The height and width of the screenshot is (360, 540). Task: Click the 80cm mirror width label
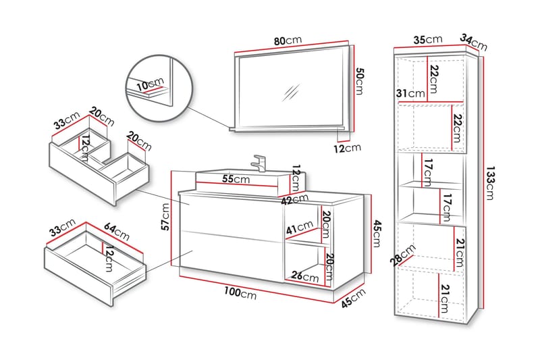point(288,41)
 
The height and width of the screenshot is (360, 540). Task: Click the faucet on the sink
point(259,162)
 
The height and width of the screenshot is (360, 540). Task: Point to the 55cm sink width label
point(237,180)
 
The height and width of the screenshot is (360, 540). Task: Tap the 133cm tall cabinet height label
point(491,184)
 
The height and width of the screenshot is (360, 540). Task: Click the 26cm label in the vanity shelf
point(304,277)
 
